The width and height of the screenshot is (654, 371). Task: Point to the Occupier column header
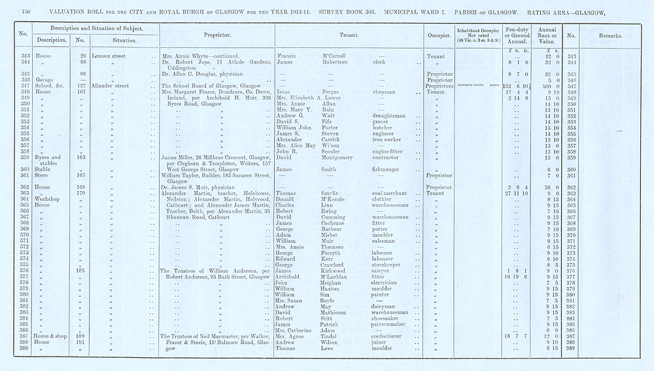coord(437,34)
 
